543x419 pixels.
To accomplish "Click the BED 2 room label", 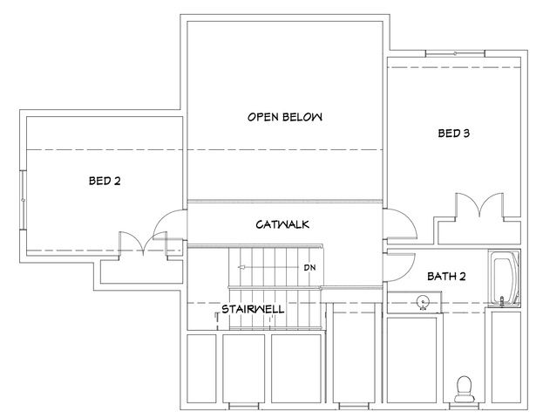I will tap(105, 182).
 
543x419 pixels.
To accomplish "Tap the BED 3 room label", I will tap(453, 134).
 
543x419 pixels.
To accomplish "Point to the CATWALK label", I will tap(282, 225).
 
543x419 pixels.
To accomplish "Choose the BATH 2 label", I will tap(446, 277).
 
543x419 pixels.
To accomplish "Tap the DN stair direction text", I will tap(309, 267).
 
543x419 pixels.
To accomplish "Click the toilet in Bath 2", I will tap(465, 385).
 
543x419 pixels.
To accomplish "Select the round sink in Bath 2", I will tap(421, 303).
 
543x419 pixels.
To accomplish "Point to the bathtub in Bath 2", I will tap(504, 279).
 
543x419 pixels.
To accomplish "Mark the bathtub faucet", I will tap(502, 301).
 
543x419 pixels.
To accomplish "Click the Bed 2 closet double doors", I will tap(134, 244).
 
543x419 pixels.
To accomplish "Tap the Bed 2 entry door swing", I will tap(168, 230).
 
